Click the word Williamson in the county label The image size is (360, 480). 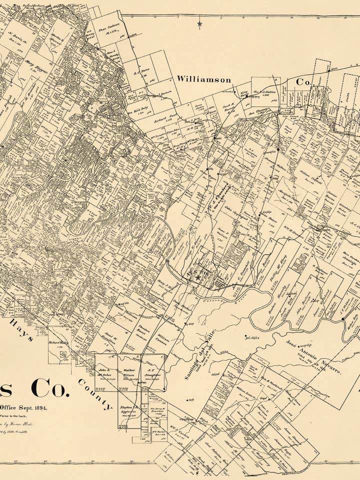[x=203, y=79]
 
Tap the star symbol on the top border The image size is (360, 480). [x=200, y=23]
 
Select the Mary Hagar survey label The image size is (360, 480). [x=39, y=67]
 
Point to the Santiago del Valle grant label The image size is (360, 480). [x=198, y=357]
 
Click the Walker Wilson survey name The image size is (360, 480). [x=129, y=373]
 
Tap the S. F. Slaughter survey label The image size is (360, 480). [x=153, y=373]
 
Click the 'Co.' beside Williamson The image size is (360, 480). [x=303, y=81]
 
